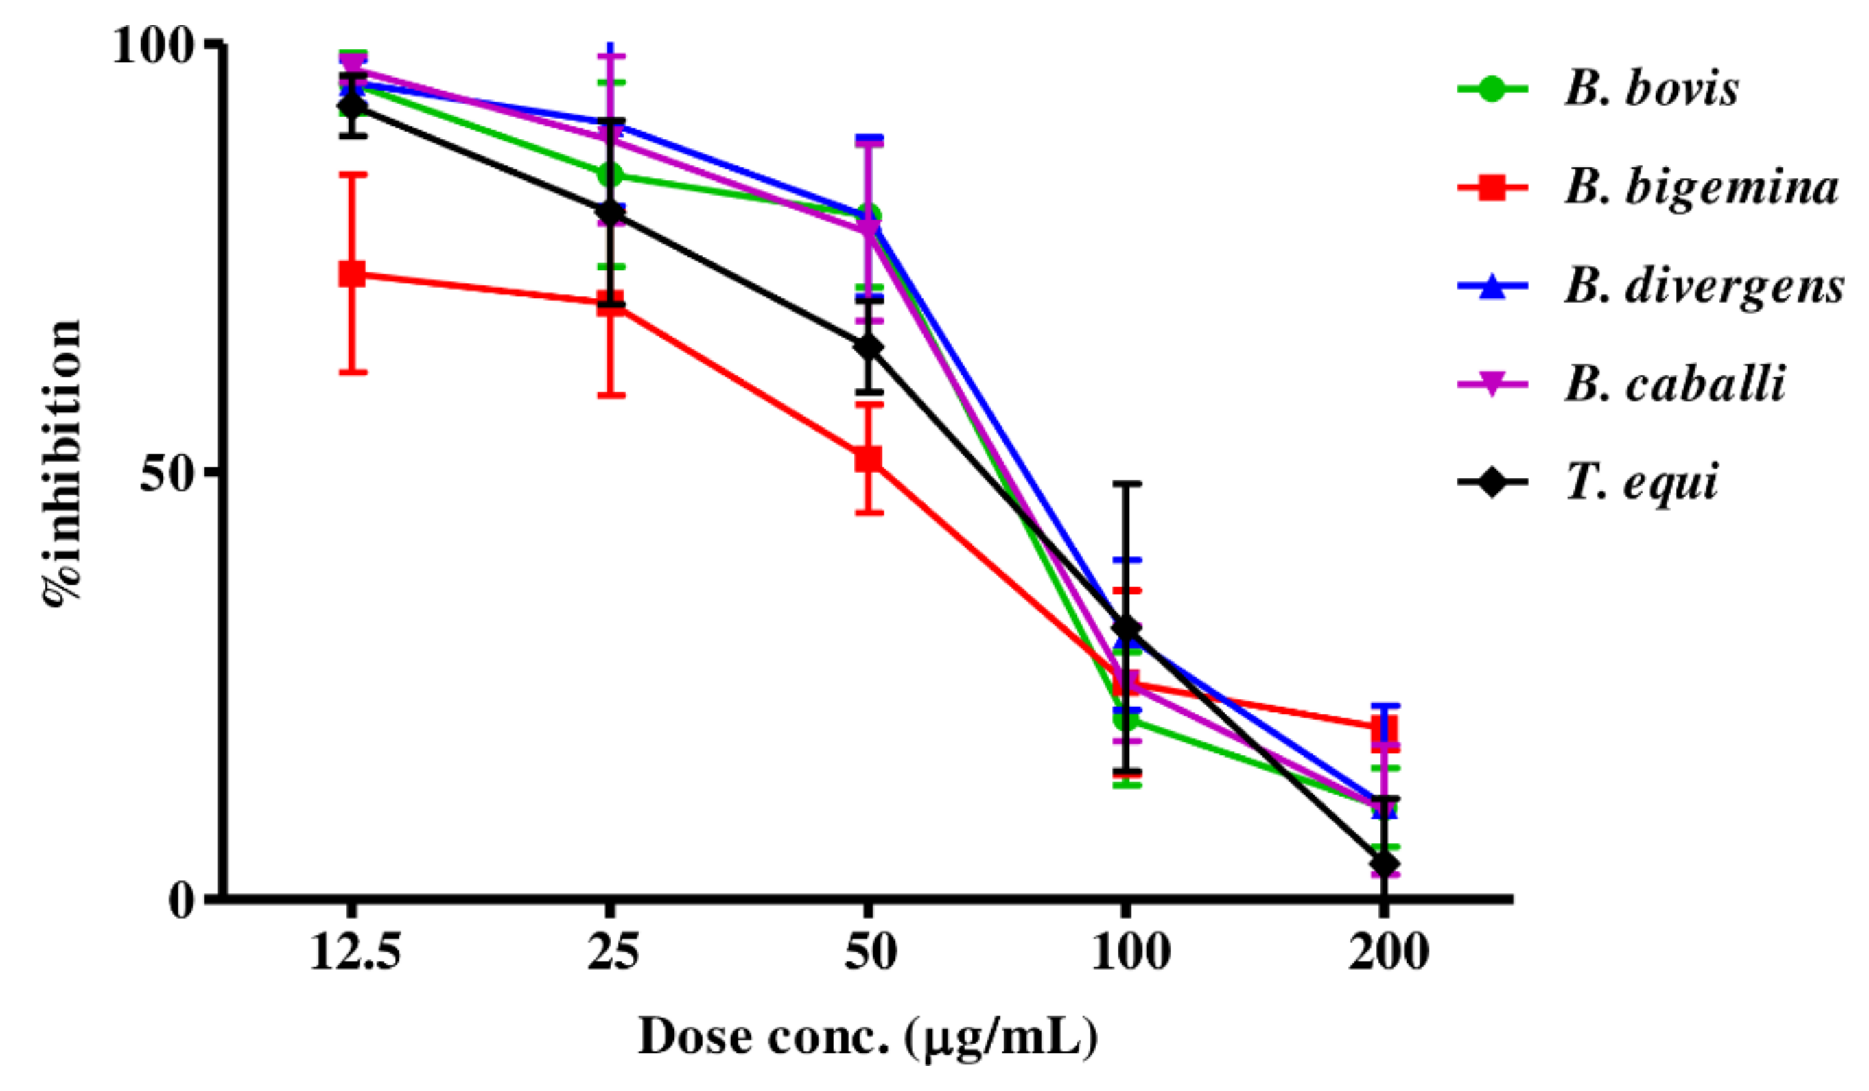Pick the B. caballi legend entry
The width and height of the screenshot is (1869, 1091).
(x=1675, y=385)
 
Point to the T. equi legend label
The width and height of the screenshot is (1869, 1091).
(x=1643, y=483)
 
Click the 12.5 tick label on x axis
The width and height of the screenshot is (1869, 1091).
(x=355, y=952)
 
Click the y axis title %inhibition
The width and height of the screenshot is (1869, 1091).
(x=62, y=464)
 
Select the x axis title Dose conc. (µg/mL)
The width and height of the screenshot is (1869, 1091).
(x=868, y=1037)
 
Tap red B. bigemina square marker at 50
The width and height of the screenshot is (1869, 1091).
(x=869, y=459)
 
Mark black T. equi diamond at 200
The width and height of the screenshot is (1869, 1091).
(x=1385, y=864)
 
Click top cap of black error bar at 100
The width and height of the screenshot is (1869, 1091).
(x=1126, y=484)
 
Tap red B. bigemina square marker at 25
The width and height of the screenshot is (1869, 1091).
(x=611, y=303)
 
